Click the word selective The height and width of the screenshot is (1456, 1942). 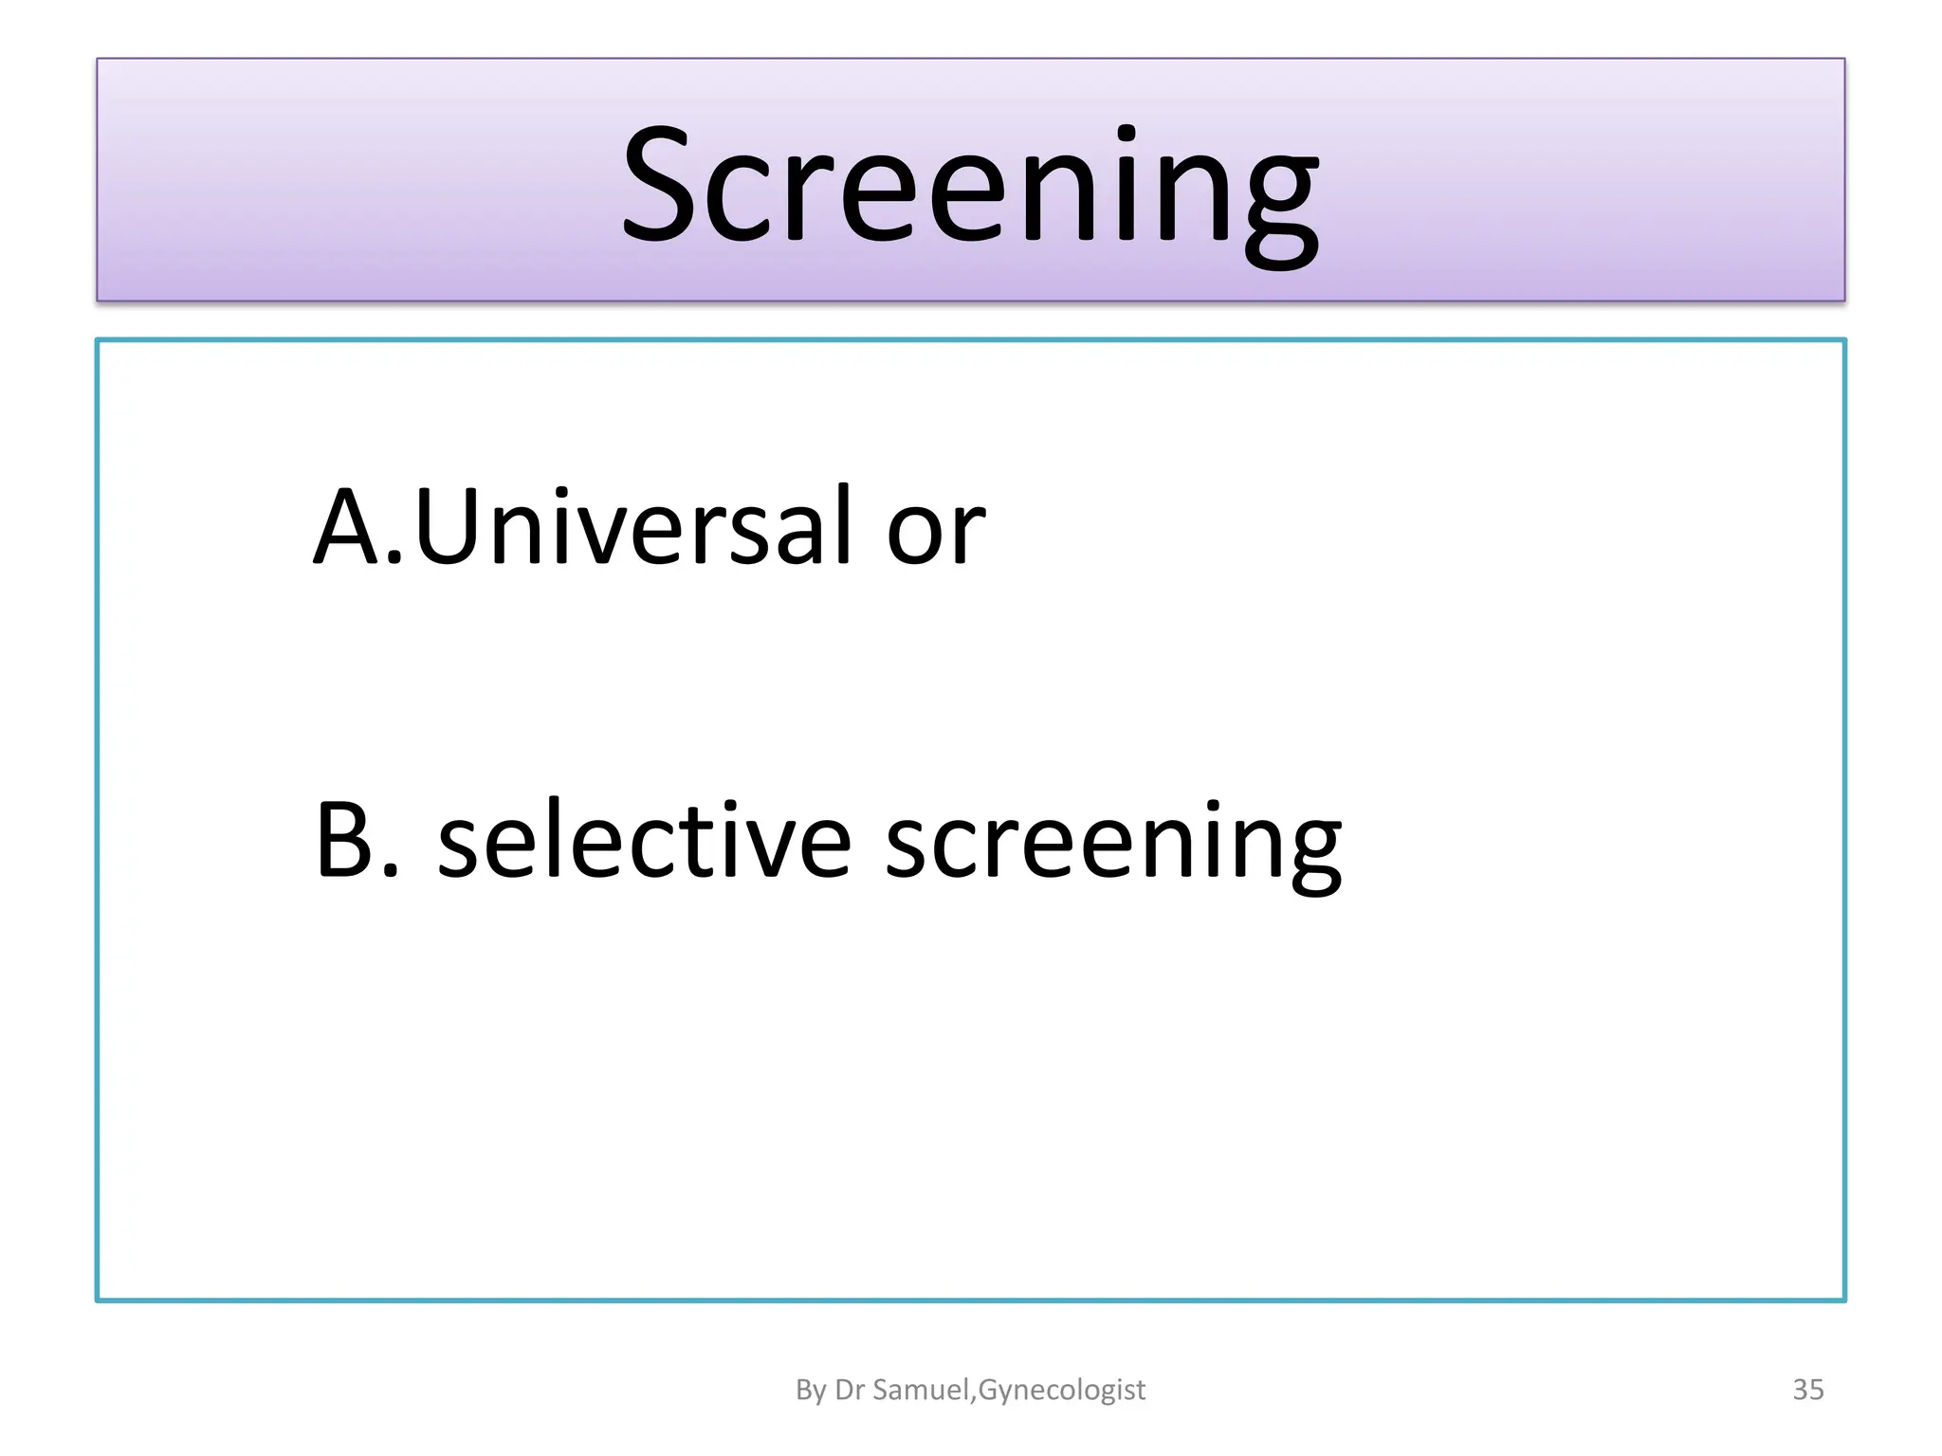[x=645, y=841]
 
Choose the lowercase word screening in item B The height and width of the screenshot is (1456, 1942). [x=1112, y=844]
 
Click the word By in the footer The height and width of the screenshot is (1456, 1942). [x=811, y=1391]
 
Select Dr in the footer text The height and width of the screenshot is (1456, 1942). [x=849, y=1390]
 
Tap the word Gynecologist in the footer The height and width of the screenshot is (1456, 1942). [x=1062, y=1391]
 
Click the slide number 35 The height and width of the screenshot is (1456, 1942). [x=1807, y=1390]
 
